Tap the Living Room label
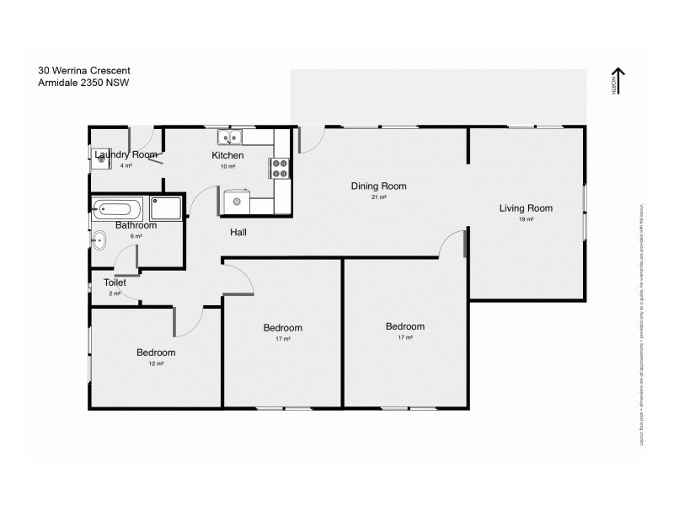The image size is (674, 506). coord(526,208)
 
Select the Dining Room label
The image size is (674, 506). coord(378,186)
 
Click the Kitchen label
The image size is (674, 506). coord(227,155)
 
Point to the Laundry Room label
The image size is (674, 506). coord(126,154)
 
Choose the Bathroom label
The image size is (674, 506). coord(136,225)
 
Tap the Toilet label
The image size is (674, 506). coord(115,283)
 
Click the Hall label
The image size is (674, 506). coord(238,232)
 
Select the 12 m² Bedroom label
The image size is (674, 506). coord(156,353)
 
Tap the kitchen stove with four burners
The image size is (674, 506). coord(280,168)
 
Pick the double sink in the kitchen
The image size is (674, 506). coord(230,137)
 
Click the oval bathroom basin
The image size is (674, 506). coord(98,241)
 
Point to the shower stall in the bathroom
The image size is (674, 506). coord(166,207)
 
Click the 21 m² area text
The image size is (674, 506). coord(378,197)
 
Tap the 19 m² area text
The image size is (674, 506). coord(526,219)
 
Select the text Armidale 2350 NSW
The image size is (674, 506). coord(83,83)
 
